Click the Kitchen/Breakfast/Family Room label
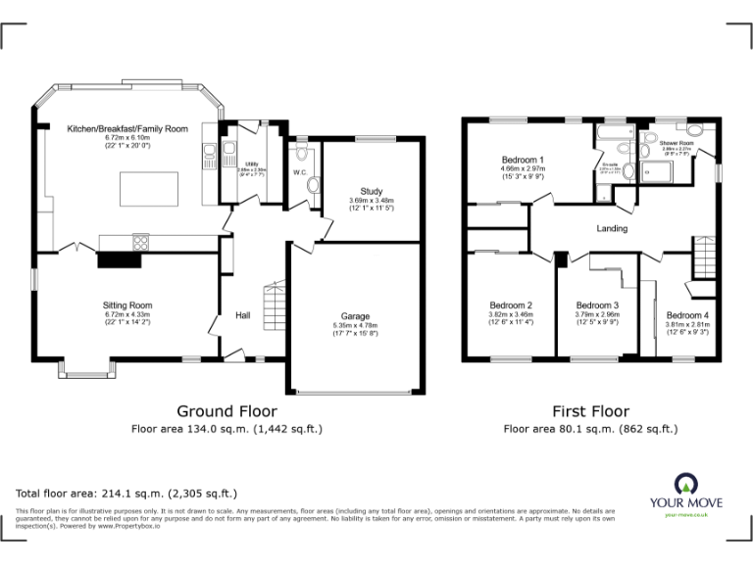point(126,129)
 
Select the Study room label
point(371,192)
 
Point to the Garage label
point(355,316)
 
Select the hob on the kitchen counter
point(137,241)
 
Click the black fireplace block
point(117,258)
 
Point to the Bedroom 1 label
point(523,160)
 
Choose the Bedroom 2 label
point(510,305)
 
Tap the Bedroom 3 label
point(597,305)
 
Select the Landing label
point(612,229)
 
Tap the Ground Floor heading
point(226,411)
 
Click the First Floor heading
point(590,411)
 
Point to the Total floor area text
point(126,493)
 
